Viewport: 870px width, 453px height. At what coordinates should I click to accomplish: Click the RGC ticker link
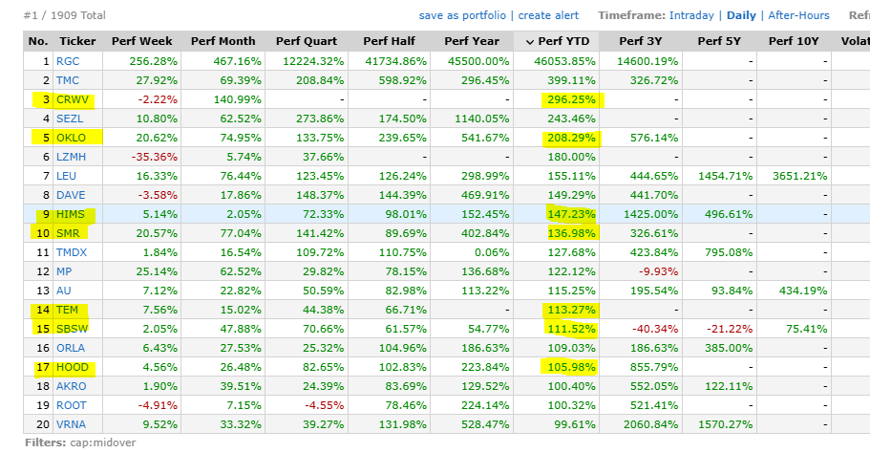click(69, 61)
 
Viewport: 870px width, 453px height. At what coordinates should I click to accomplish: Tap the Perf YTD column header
click(560, 41)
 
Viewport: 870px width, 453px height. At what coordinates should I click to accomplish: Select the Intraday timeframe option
click(691, 15)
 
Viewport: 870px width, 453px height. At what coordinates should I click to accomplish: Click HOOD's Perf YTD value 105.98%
click(570, 367)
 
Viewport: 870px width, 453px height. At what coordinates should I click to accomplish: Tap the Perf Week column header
click(142, 41)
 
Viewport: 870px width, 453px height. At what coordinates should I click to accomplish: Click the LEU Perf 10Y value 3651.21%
click(796, 176)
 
